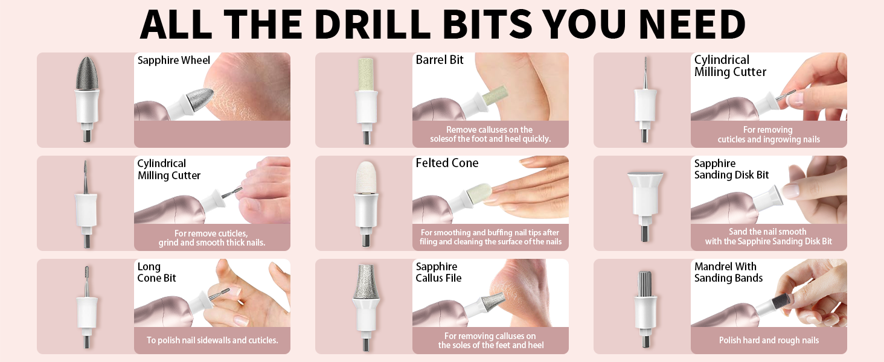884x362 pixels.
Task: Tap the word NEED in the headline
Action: pyautogui.click(x=691, y=24)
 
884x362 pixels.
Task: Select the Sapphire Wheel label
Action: pyautogui.click(x=174, y=60)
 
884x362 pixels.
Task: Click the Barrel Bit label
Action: pyautogui.click(x=440, y=60)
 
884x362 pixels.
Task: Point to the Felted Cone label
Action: pyautogui.click(x=447, y=164)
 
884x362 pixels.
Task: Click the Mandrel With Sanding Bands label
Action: pyautogui.click(x=728, y=272)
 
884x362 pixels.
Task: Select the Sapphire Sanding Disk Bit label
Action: pyautogui.click(x=731, y=169)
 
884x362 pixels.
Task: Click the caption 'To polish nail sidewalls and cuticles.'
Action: pyautogui.click(x=212, y=340)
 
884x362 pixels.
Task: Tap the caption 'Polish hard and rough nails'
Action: pyautogui.click(x=768, y=340)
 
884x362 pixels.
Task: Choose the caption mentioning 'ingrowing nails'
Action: pyautogui.click(x=768, y=135)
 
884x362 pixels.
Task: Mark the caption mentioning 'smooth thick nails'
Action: pyautogui.click(x=212, y=238)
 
